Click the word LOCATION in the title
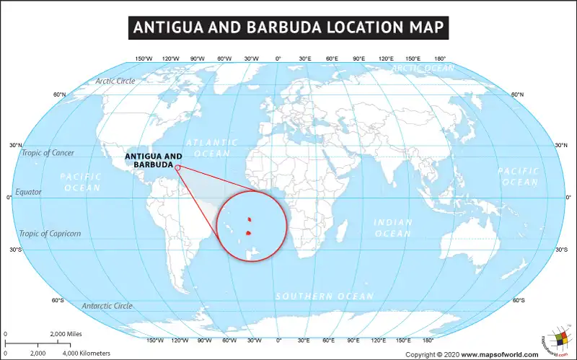click(365, 28)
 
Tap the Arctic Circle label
click(115, 81)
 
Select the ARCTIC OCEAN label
click(423, 69)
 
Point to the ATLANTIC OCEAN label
click(212, 148)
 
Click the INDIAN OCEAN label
click(393, 228)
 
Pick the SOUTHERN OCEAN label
click(325, 297)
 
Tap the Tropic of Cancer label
click(48, 153)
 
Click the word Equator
click(28, 192)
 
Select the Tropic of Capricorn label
click(50, 234)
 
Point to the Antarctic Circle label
click(107, 306)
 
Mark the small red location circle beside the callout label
click(177, 167)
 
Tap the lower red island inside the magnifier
click(249, 233)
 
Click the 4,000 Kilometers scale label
click(86, 353)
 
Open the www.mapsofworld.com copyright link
click(499, 354)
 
